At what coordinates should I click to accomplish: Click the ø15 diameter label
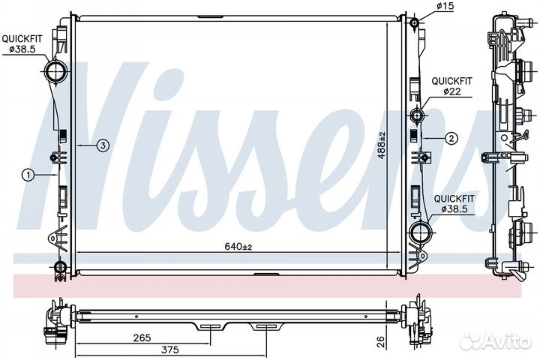[445, 6]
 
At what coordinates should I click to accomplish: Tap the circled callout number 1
[28, 175]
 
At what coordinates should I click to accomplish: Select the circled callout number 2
[451, 139]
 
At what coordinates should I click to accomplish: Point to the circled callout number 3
[103, 145]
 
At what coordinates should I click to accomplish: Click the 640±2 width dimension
[238, 247]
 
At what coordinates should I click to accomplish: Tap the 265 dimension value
[142, 338]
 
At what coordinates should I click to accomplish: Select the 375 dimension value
[170, 350]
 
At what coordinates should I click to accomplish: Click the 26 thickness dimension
[380, 342]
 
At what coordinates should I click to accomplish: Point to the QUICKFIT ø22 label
[451, 86]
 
